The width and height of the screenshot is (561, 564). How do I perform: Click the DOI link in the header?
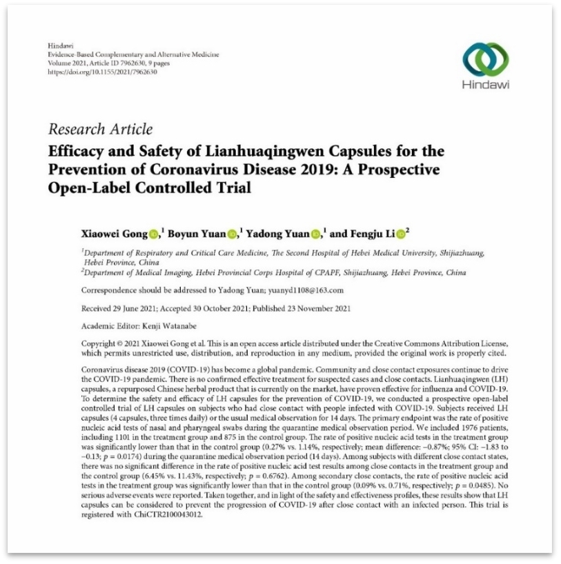click(98, 71)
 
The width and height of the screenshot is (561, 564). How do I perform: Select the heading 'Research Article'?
click(101, 129)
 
